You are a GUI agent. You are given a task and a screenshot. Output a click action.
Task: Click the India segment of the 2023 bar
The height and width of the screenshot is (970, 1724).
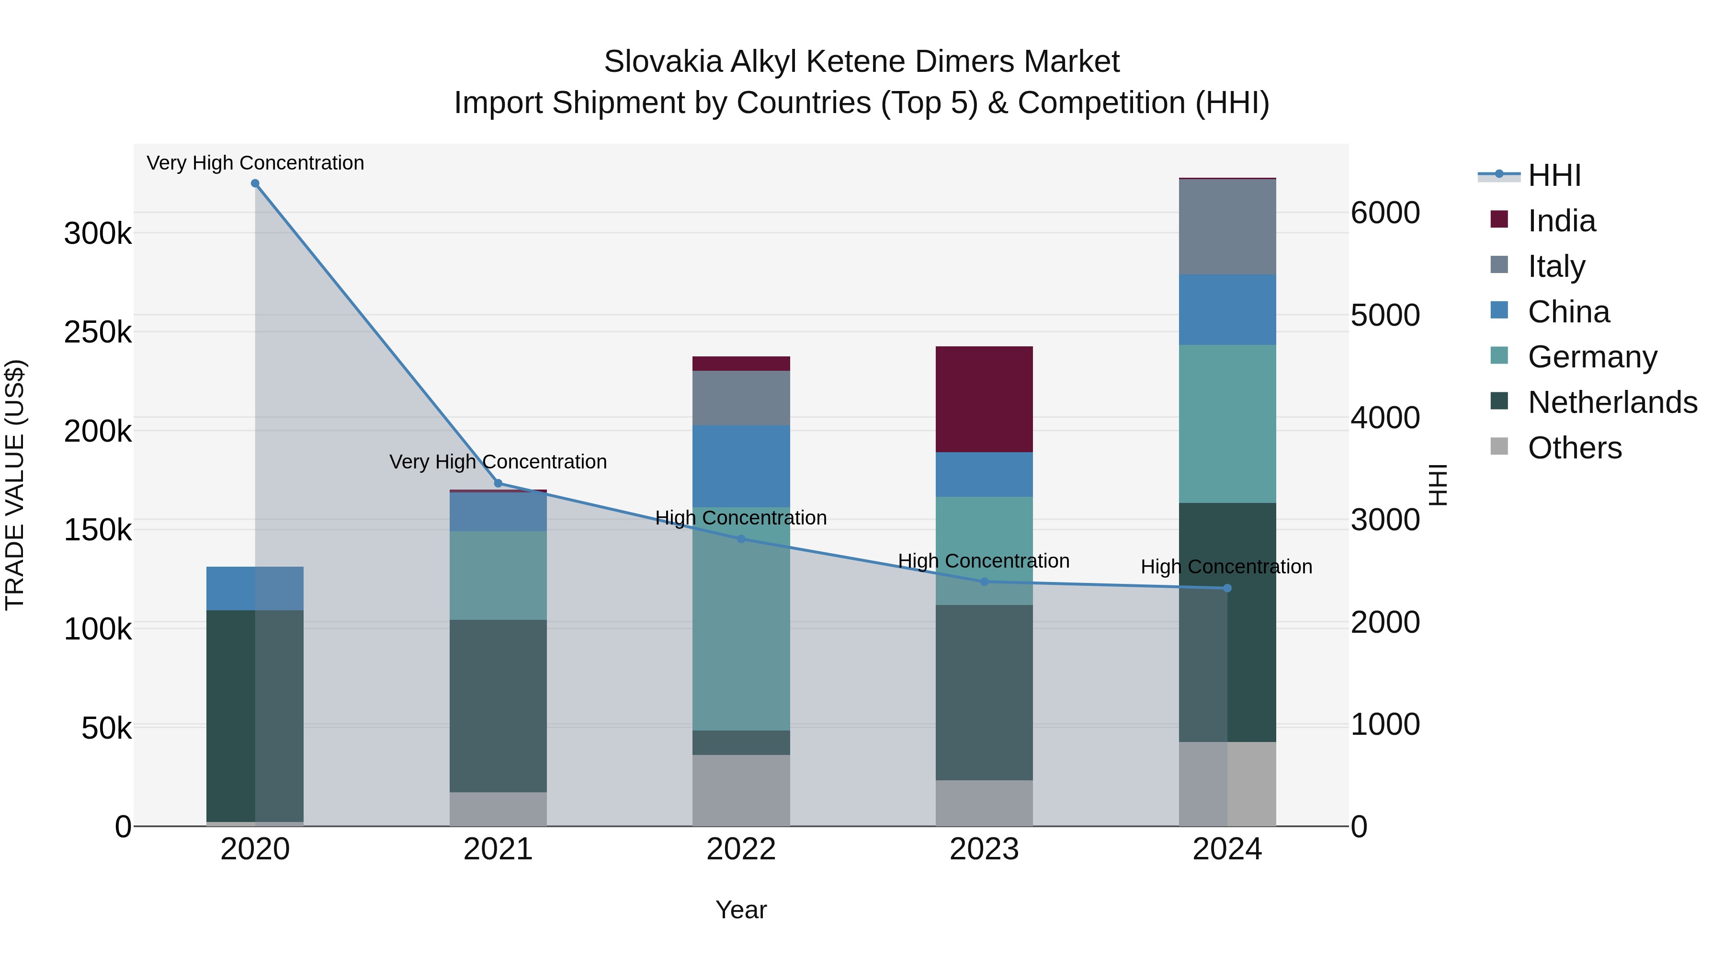(x=983, y=399)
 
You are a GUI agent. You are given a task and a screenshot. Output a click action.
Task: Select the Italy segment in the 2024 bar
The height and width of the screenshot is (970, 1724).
(x=1227, y=227)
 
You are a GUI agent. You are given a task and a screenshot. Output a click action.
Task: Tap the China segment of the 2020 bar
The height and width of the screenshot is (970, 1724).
(x=254, y=588)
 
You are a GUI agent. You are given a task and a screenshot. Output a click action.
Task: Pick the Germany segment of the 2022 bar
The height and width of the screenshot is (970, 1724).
(x=741, y=618)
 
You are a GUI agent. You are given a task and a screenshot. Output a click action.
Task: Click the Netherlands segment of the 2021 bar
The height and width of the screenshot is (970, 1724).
(x=498, y=706)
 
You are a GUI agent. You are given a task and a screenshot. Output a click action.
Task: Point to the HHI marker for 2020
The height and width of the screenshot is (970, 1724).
(x=255, y=183)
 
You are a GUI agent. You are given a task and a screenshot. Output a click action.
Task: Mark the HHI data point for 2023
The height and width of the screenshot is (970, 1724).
(x=984, y=582)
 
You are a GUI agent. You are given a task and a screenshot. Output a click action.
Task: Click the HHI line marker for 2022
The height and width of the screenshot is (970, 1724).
(x=741, y=539)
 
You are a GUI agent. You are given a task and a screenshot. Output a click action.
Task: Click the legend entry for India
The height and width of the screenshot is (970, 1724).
(x=1561, y=221)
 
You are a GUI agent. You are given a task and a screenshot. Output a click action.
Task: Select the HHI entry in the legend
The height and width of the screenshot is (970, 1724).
(x=1554, y=175)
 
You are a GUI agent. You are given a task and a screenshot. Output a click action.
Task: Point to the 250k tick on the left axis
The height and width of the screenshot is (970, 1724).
(x=98, y=332)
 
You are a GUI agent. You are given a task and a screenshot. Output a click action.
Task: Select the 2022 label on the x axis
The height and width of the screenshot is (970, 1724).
(x=741, y=849)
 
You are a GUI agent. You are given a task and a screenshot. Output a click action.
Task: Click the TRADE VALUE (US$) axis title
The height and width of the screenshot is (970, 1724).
(x=15, y=485)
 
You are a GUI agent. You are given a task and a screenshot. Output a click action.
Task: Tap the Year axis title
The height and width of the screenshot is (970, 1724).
(x=741, y=910)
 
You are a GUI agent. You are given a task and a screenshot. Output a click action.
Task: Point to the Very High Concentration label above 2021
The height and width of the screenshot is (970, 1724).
(x=498, y=462)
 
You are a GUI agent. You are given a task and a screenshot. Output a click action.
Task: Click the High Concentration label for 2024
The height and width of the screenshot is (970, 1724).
(x=1226, y=567)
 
